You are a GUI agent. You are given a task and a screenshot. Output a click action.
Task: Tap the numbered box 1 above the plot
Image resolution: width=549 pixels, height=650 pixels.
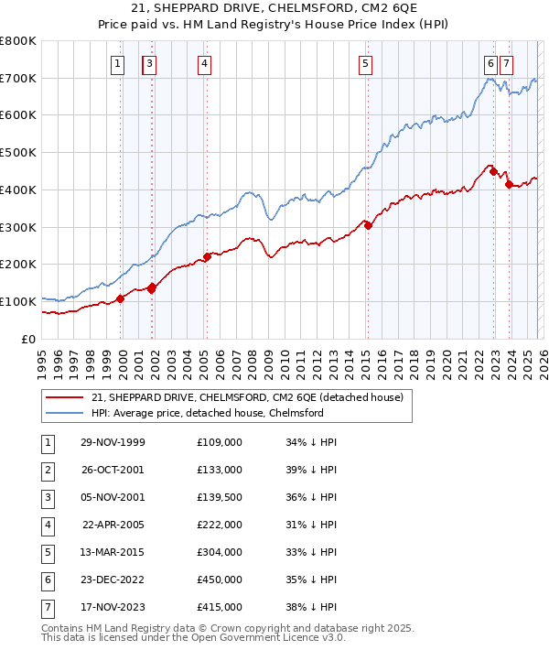click(x=119, y=63)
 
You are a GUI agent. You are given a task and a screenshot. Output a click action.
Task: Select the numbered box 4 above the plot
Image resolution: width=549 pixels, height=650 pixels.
click(x=203, y=63)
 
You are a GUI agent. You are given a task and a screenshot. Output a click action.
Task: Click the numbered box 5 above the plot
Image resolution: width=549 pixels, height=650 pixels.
click(x=365, y=63)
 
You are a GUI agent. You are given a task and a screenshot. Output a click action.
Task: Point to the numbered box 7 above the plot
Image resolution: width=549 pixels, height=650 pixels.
click(x=506, y=63)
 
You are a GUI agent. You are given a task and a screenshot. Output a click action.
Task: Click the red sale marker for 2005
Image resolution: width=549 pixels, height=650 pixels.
click(x=207, y=256)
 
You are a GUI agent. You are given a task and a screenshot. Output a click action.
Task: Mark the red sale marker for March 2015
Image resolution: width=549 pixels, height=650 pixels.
click(x=368, y=225)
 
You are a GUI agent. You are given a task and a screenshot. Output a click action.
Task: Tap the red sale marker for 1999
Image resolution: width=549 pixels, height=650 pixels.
click(x=120, y=298)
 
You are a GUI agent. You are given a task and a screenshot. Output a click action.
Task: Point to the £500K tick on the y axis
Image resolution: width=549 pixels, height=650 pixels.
click(x=17, y=153)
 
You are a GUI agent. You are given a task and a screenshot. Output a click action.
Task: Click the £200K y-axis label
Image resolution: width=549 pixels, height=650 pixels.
click(x=17, y=265)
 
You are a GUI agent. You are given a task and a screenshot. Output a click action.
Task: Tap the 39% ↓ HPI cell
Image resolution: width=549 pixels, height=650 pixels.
click(x=311, y=470)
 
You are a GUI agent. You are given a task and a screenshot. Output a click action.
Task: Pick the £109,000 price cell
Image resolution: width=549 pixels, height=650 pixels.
click(x=219, y=442)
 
